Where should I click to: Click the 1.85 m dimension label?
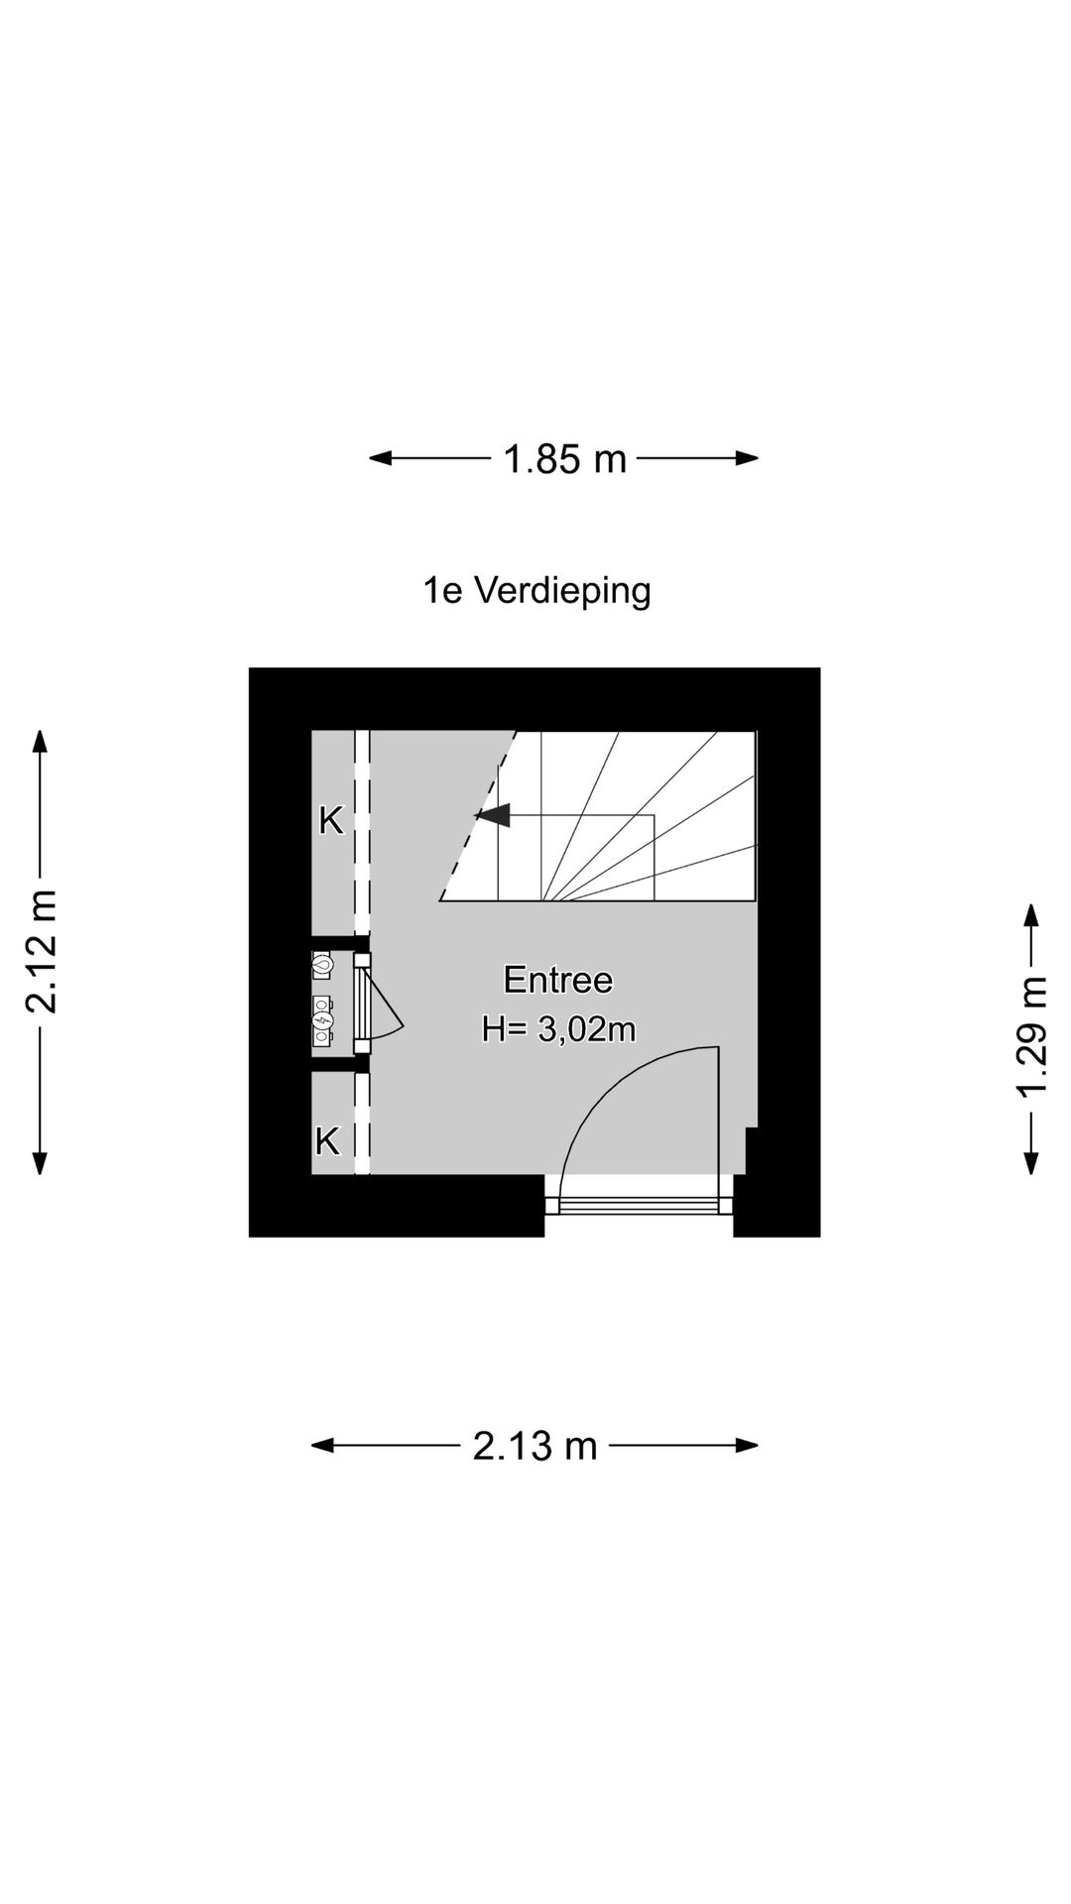click(565, 459)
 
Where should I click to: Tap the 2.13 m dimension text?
click(535, 1446)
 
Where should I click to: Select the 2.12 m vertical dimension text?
click(42, 952)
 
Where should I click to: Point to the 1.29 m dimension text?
click(1031, 1037)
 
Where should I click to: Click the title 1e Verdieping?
click(536, 591)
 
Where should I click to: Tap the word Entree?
click(557, 980)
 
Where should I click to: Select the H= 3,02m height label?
click(557, 1029)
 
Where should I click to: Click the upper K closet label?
click(330, 821)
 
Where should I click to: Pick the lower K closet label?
click(327, 1141)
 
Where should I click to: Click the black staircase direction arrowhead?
click(493, 815)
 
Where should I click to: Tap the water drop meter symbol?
click(323, 963)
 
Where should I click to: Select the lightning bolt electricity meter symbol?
click(323, 1020)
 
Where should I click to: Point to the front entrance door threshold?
click(640, 1205)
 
